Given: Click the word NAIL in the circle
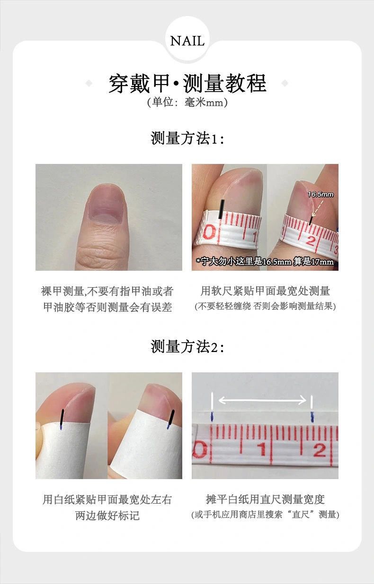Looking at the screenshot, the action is tap(187, 41).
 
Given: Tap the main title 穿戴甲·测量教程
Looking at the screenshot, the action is tap(187, 83).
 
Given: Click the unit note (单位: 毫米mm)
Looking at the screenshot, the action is tap(187, 102).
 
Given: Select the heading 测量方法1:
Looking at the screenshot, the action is tap(187, 138).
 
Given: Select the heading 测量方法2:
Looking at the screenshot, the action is tap(187, 346).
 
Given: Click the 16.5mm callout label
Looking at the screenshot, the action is tap(321, 194).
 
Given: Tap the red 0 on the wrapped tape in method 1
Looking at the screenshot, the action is tap(209, 232).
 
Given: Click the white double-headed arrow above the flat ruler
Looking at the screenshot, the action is tap(262, 400).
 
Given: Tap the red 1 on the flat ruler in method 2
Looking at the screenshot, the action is tap(262, 449).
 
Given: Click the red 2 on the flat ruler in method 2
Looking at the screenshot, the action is tap(320, 450).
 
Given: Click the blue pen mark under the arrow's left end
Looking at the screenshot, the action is tap(212, 416).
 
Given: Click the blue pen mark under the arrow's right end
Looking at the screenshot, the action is tap(312, 417).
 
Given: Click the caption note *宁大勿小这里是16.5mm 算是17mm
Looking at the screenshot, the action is tap(265, 261).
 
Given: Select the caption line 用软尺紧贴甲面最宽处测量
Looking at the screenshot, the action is tap(265, 291).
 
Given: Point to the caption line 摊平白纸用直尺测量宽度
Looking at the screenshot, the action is tap(265, 499).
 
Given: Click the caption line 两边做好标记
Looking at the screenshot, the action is tap(107, 515).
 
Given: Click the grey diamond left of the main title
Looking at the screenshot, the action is tap(89, 83).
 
